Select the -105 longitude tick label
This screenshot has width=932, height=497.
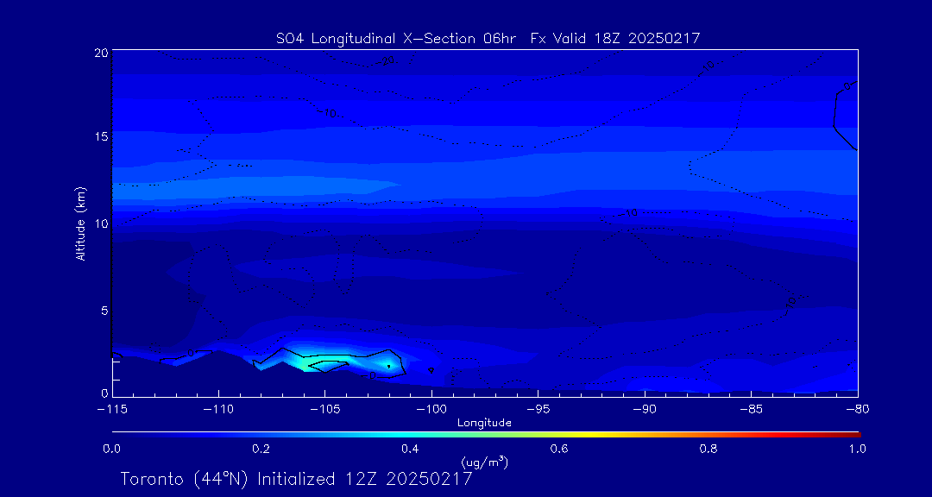click(x=324, y=407)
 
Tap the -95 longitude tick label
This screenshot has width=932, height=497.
click(x=537, y=407)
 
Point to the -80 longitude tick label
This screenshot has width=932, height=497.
click(x=856, y=407)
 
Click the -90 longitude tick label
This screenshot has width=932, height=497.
click(x=644, y=407)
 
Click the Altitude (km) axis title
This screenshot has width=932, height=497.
click(x=80, y=223)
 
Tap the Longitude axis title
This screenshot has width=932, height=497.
click(x=484, y=423)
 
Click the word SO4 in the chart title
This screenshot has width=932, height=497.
click(x=287, y=38)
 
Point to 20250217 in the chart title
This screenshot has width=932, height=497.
click(x=666, y=38)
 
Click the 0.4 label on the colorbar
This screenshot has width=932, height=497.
click(x=410, y=449)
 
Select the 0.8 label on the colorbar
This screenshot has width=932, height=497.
click(x=708, y=449)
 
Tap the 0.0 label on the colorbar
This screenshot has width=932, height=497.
click(x=111, y=449)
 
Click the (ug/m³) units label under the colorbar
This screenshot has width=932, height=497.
click(x=485, y=462)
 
